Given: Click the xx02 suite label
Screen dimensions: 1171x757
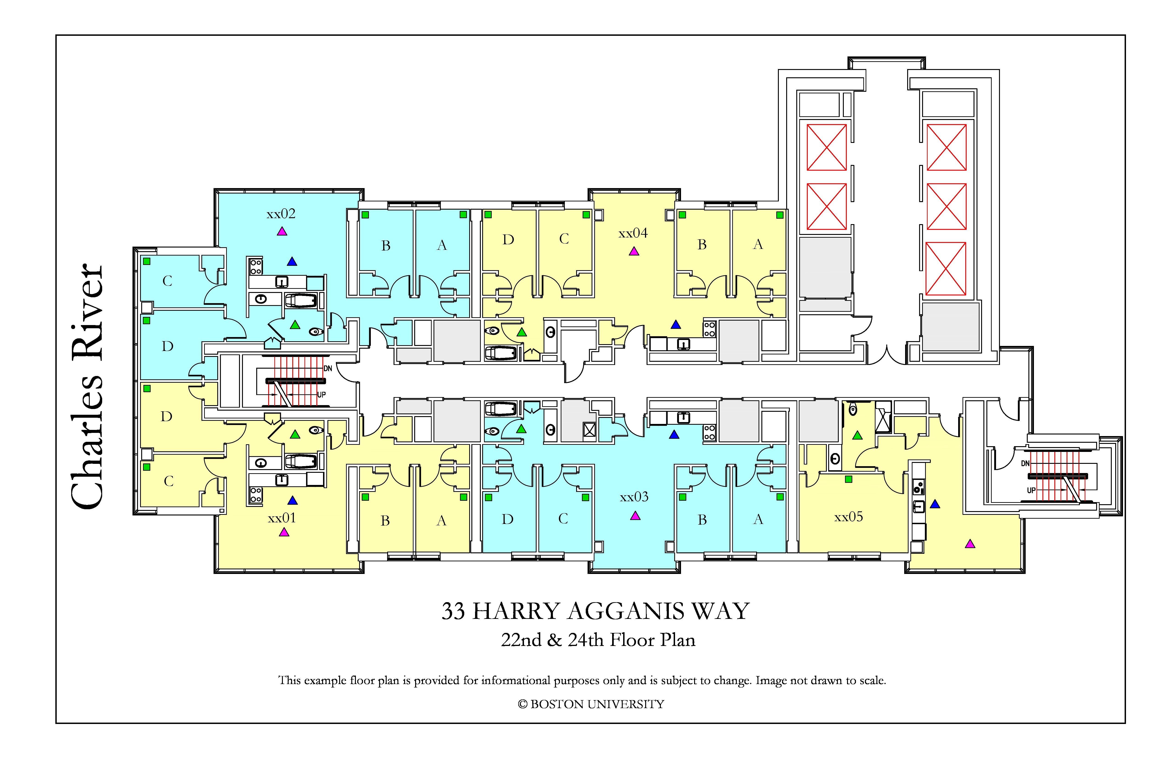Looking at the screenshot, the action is (x=281, y=214).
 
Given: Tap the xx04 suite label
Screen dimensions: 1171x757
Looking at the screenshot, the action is (x=633, y=233).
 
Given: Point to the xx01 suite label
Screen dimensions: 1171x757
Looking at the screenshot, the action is (x=282, y=518).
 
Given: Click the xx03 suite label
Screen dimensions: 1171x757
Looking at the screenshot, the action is (x=634, y=497).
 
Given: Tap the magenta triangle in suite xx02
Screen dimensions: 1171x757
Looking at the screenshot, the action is (x=282, y=231).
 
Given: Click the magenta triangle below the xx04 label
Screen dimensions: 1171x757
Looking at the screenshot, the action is (x=634, y=251).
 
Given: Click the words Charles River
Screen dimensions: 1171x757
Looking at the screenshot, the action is (x=87, y=386).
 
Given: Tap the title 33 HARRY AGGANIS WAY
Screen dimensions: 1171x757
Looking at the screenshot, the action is (x=595, y=611).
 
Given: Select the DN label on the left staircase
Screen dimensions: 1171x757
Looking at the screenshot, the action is (x=328, y=368).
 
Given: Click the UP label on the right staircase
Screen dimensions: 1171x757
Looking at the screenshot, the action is (x=1031, y=491).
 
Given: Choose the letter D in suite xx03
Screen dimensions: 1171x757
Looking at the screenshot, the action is (x=508, y=519).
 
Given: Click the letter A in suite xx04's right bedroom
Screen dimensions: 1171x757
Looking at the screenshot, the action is (x=758, y=244).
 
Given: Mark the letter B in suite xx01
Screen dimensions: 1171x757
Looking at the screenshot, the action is (x=385, y=520).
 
